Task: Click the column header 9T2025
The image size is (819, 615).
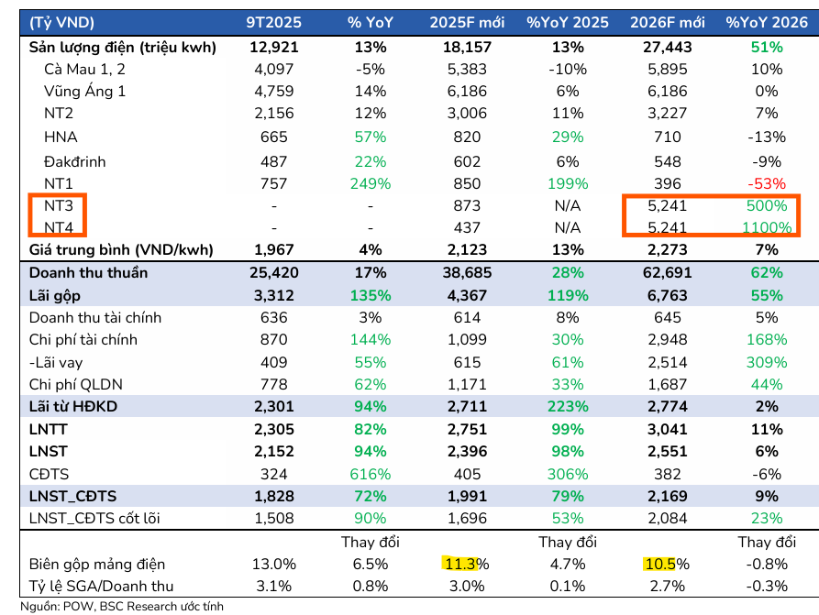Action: point(268,22)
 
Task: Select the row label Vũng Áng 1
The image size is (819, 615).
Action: point(84,92)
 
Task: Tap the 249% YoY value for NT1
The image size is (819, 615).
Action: point(371,183)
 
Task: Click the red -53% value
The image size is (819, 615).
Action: point(765,183)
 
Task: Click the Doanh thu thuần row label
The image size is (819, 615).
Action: point(88,272)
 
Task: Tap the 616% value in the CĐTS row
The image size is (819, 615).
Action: point(371,474)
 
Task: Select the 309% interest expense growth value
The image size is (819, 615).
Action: point(765,362)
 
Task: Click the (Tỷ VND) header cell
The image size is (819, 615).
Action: point(61,22)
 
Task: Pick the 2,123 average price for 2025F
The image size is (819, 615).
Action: point(467,250)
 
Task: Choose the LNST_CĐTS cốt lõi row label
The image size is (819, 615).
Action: point(94,519)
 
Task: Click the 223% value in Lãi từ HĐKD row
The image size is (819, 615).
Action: point(568,407)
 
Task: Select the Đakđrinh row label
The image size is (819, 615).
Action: point(74,161)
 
